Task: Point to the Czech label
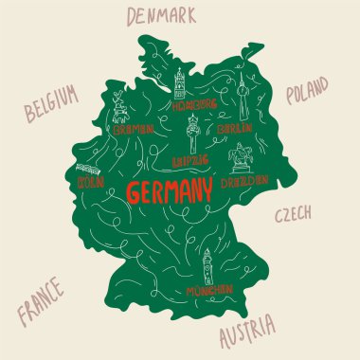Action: pyautogui.click(x=294, y=215)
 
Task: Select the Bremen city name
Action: pyautogui.click(x=134, y=132)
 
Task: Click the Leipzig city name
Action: pyautogui.click(x=190, y=160)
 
